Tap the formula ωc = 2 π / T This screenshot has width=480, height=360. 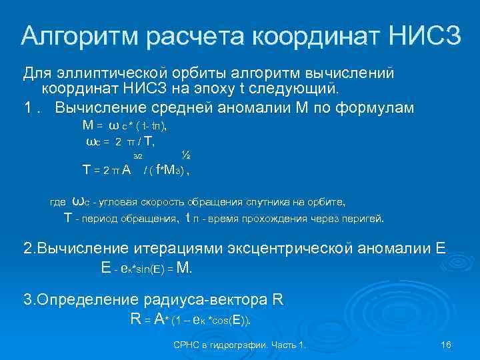pyautogui.click(x=126, y=141)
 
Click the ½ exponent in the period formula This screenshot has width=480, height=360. pyautogui.click(x=186, y=155)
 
